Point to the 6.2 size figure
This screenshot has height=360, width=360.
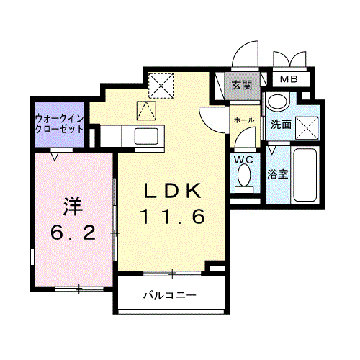71,233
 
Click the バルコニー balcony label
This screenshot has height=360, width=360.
169,295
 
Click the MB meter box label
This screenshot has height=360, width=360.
289,78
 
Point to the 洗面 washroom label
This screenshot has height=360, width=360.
281,124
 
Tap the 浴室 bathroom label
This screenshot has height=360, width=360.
278,174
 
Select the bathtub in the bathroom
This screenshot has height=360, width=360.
305,176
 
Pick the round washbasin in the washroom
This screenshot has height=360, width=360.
276,104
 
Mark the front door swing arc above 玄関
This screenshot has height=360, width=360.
248,54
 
